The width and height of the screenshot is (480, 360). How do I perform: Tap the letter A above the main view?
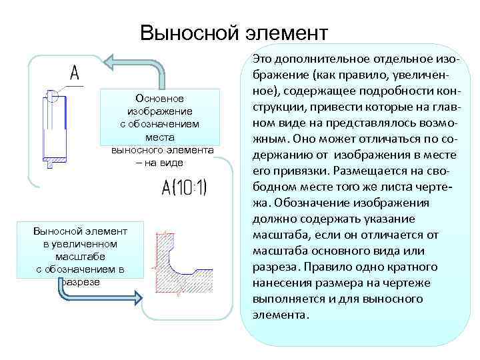[x=74, y=73]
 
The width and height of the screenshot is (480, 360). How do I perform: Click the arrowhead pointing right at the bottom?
[x=137, y=298]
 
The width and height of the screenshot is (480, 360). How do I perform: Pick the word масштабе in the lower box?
[x=80, y=257]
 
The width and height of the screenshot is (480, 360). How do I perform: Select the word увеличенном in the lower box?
[x=80, y=244]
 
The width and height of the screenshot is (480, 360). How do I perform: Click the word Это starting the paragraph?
[x=263, y=60]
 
